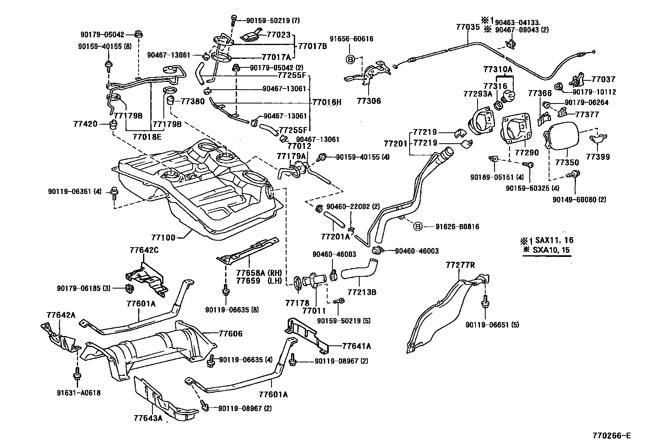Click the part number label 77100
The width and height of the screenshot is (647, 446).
coord(163,237)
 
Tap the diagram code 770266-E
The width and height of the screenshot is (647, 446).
coord(612,436)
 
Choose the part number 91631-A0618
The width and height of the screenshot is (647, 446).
coord(79,393)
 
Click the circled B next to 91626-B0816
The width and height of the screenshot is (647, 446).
coord(418,226)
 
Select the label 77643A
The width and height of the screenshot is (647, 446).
coord(148,418)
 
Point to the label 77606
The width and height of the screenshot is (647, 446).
coord(230,334)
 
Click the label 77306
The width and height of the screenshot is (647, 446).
coord(369,101)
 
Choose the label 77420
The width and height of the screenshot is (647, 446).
coord(86,123)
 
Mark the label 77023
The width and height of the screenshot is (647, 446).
coord(279,35)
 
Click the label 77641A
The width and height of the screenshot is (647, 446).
coord(356,346)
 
